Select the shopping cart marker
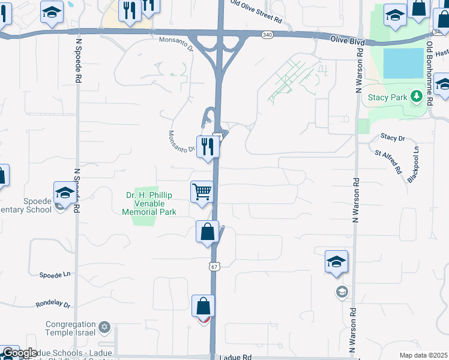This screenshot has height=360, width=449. (202, 192)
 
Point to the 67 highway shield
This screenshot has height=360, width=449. (214, 265)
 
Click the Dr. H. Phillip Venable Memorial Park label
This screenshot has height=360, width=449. (149, 203)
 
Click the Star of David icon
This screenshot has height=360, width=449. (105, 327)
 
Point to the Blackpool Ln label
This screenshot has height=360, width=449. (414, 164)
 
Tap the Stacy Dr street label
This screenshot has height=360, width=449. (393, 137)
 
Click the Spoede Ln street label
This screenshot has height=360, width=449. (55, 274)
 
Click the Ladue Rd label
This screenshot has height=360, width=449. (235, 356)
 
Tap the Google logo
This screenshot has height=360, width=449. (20, 353)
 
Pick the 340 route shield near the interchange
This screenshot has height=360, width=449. (267, 35)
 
